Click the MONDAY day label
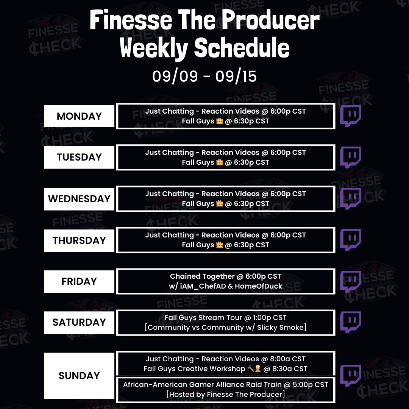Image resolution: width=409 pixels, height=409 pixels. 79,116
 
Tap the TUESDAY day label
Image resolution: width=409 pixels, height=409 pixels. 79,157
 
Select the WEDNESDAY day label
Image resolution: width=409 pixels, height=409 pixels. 79,199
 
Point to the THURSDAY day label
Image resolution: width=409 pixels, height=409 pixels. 79,240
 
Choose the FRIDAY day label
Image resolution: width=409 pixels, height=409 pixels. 79,281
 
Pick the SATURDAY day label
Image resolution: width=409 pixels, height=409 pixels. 79,322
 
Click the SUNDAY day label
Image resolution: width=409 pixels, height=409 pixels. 79,376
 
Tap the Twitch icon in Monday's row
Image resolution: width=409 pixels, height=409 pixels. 350,116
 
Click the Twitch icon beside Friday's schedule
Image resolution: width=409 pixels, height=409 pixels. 350,281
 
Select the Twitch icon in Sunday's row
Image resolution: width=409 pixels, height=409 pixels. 350,376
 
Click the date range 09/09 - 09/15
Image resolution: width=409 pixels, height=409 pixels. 204,76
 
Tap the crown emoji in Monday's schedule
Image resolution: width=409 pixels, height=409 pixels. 219,122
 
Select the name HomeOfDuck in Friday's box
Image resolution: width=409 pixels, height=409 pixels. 258,286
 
